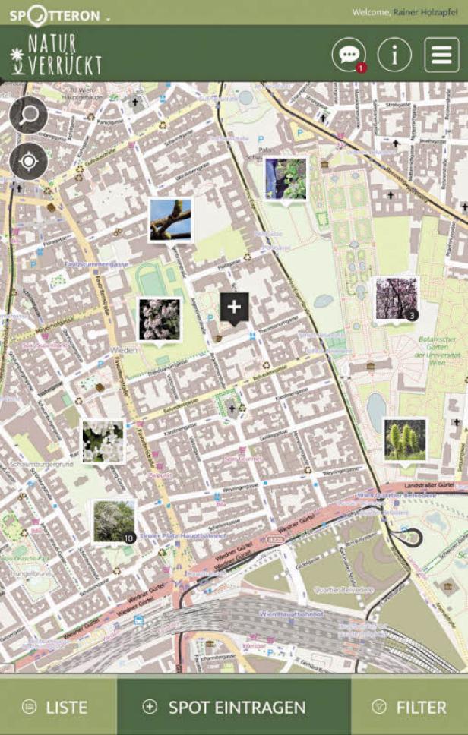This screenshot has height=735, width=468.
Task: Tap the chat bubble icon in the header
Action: pos(349,54)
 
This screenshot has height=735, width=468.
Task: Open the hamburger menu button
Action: pos(441,55)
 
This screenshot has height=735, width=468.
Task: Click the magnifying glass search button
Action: pos(29,116)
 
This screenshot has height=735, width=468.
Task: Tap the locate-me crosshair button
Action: pos(29,161)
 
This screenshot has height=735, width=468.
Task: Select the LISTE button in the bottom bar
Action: pos(58,707)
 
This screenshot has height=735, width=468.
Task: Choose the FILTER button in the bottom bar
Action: pos(409,707)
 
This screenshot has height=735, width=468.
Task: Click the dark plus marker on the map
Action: pos(234,308)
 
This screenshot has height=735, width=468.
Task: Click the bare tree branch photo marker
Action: pos(170,219)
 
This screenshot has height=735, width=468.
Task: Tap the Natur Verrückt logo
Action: pos(55,55)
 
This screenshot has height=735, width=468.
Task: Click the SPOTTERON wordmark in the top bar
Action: pos(55,13)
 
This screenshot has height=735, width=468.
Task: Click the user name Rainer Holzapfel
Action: pos(426,12)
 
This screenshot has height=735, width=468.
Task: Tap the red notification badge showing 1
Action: pos(361,68)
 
